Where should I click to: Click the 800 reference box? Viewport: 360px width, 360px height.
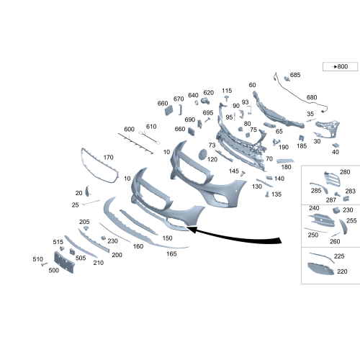pyautogui.click(x=340, y=67)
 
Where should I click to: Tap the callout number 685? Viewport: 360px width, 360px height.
pyautogui.click(x=295, y=75)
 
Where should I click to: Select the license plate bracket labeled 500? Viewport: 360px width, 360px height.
pyautogui.click(x=64, y=262)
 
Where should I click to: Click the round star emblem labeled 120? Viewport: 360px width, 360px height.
pyautogui.click(x=203, y=154)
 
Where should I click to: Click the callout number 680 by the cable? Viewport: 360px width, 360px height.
pyautogui.click(x=312, y=97)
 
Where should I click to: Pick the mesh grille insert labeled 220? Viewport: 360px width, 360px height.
pyautogui.click(x=320, y=269)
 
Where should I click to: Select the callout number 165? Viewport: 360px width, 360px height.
pyautogui.click(x=171, y=253)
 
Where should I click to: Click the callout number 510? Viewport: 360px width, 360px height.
pyautogui.click(x=37, y=259)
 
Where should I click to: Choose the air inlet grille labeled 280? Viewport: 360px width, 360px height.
pyautogui.click(x=332, y=179)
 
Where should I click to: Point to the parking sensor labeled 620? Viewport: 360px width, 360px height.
pyautogui.click(x=205, y=101)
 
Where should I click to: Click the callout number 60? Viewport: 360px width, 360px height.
pyautogui.click(x=252, y=85)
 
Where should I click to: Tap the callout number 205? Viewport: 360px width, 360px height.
pyautogui.click(x=84, y=222)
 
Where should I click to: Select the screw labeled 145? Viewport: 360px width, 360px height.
pyautogui.click(x=243, y=174)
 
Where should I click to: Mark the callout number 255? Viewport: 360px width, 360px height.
pyautogui.click(x=351, y=220)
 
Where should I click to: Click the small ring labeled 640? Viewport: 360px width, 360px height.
pyautogui.click(x=197, y=102)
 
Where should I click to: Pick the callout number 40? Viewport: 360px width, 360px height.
pyautogui.click(x=336, y=152)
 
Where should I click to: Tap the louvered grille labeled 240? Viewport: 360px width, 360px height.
pyautogui.click(x=321, y=220)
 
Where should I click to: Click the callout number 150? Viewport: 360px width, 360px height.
pyautogui.click(x=167, y=238)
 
